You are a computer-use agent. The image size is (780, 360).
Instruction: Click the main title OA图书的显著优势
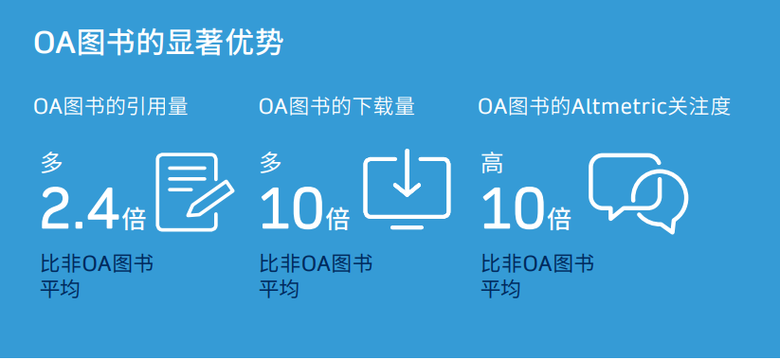[x=157, y=44]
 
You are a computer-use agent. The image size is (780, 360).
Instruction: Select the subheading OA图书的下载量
[x=336, y=106]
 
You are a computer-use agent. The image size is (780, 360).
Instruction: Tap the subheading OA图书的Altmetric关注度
[x=604, y=106]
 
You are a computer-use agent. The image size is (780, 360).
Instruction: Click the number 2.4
[x=80, y=209]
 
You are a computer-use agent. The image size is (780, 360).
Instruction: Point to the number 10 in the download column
[x=291, y=209]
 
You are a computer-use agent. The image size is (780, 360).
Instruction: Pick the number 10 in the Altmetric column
[x=513, y=209]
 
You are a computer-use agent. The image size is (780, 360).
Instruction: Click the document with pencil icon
[x=194, y=191]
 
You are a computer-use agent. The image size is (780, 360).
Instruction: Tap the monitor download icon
[x=408, y=189]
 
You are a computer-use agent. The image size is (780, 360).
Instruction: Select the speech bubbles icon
[x=638, y=192]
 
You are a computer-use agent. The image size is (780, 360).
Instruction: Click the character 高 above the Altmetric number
[x=492, y=163]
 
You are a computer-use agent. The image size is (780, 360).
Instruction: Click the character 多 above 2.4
[x=52, y=163]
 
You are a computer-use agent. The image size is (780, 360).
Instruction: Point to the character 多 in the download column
[x=271, y=163]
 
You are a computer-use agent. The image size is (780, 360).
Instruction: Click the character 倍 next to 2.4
[x=135, y=219]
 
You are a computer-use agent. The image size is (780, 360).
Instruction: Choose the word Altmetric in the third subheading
[x=612, y=106]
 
